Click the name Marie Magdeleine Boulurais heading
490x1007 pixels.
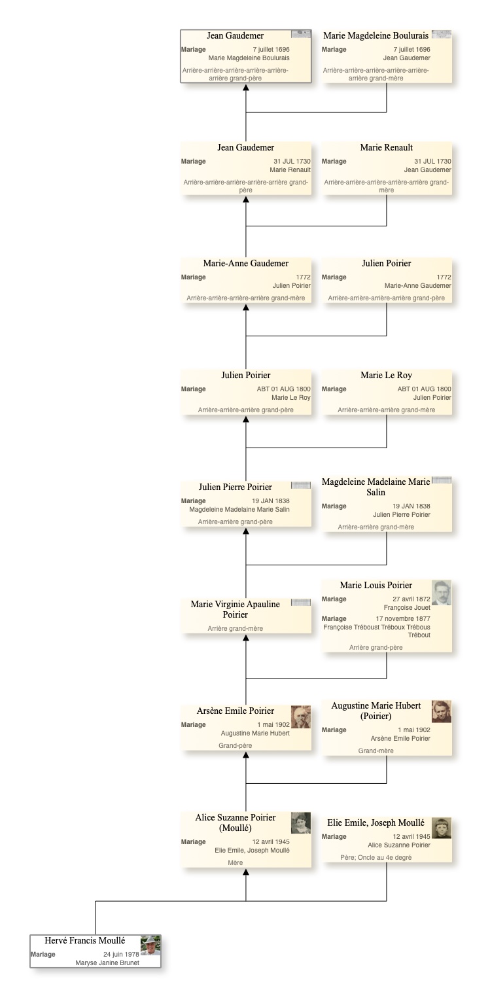point(376,35)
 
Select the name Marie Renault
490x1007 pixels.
point(386,147)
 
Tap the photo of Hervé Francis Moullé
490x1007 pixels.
point(150,945)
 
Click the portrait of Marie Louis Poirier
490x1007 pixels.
point(442,593)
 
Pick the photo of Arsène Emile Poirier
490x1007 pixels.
point(301,716)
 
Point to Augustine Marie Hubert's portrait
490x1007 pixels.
point(442,712)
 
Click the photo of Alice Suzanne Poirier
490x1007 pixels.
point(301,822)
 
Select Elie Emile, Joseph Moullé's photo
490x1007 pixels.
point(442,828)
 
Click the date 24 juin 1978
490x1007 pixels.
point(121,955)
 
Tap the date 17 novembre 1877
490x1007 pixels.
point(403,618)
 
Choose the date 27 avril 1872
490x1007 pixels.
point(411,599)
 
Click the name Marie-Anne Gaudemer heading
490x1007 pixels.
point(246,264)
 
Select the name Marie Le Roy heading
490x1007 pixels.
point(386,376)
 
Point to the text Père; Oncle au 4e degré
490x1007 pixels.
point(376,857)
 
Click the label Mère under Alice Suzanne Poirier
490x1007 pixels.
point(235,862)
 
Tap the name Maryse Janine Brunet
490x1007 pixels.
point(107,963)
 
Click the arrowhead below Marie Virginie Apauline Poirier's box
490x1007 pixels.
point(246,637)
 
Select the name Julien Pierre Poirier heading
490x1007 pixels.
point(235,487)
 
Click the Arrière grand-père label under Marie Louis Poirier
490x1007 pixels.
point(376,647)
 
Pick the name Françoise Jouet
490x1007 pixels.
point(407,607)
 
